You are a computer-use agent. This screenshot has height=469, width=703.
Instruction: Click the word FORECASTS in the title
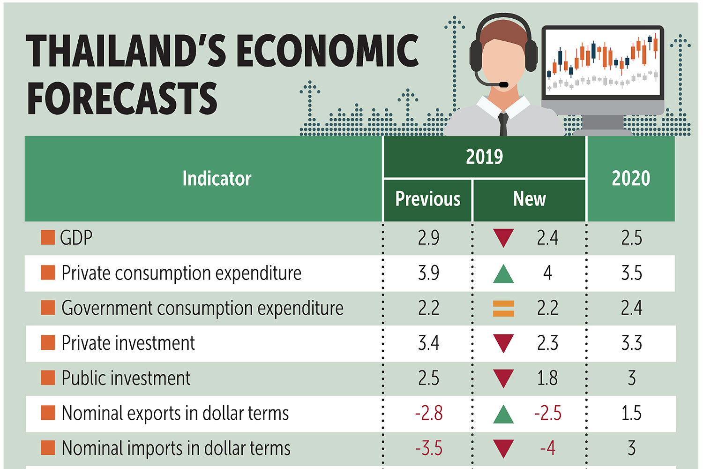[x=122, y=98]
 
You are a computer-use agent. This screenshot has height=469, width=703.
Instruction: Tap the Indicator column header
[x=217, y=179]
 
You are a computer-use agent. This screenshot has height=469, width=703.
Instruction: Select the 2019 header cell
[x=484, y=157]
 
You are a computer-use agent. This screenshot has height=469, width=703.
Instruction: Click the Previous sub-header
[x=427, y=199]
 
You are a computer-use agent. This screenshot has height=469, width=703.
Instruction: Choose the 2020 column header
[x=631, y=179]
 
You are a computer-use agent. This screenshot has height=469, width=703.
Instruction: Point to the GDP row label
[x=76, y=238]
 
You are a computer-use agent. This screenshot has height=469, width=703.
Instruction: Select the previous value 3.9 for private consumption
[x=428, y=273]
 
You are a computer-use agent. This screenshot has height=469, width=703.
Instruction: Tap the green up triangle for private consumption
[x=503, y=274]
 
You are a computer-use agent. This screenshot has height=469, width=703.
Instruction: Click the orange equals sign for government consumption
[x=503, y=308]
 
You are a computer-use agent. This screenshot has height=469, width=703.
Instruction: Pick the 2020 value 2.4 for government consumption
[x=631, y=308]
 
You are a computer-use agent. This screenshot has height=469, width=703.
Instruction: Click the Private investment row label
[x=128, y=343]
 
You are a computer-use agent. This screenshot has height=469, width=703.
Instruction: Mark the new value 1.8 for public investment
[x=547, y=378]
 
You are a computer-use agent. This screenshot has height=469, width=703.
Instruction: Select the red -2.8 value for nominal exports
[x=428, y=413]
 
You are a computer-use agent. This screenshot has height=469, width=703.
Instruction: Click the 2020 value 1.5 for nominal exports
[x=631, y=413]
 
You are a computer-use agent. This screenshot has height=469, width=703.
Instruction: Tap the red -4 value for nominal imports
[x=547, y=448]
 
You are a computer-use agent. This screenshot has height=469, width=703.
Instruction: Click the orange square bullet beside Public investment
[x=48, y=378]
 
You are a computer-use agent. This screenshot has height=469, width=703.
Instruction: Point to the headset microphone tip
[x=503, y=85]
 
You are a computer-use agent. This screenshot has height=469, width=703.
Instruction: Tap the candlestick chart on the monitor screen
[x=603, y=61]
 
